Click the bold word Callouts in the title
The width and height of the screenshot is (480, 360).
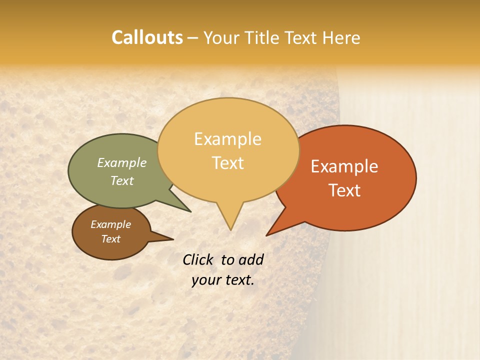click(147, 37)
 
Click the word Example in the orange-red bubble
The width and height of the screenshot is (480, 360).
click(344, 166)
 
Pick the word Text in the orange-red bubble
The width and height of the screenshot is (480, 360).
click(344, 190)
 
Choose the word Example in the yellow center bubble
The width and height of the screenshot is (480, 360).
click(227, 139)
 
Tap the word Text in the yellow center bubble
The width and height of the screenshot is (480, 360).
click(228, 163)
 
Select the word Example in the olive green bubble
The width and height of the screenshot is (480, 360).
click(121, 162)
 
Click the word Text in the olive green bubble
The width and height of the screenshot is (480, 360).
click(122, 180)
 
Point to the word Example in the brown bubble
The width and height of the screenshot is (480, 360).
click(110, 224)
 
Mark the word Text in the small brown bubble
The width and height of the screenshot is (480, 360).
click(110, 239)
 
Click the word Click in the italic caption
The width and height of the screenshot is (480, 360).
click(198, 259)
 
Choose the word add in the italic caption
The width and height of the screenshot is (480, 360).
click(250, 259)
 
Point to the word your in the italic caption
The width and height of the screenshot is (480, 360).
click(205, 280)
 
